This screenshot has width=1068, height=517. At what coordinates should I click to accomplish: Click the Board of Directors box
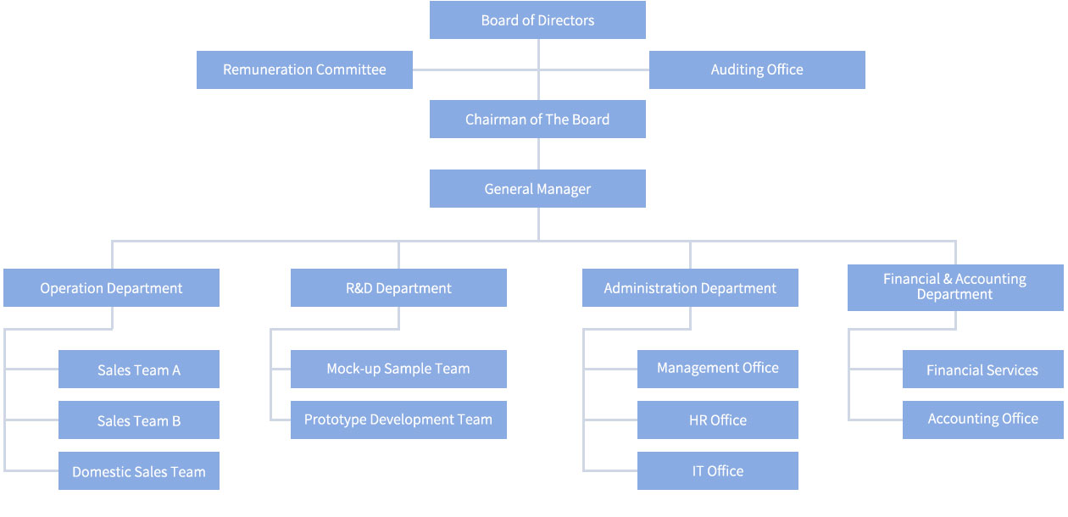[537, 20]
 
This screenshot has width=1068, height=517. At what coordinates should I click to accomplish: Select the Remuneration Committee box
[304, 69]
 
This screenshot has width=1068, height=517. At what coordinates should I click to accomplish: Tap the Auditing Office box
[757, 69]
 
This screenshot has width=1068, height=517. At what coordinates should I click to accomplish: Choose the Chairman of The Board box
[537, 120]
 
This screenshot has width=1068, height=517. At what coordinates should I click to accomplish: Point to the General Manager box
[537, 189]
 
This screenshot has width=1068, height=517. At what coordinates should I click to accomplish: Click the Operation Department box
[111, 288]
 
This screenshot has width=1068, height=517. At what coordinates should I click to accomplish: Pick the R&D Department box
[398, 288]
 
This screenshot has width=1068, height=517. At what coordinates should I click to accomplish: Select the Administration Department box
[690, 288]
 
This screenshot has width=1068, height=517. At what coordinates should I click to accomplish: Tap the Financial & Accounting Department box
[954, 286]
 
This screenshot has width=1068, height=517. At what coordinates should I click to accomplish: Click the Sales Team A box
[139, 370]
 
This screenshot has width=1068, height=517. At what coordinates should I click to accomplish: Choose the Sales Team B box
[139, 420]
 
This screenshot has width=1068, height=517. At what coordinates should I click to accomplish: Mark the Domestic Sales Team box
[139, 471]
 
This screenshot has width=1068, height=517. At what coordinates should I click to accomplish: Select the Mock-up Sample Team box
[398, 369]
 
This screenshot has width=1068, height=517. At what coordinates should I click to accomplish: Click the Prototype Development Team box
[398, 420]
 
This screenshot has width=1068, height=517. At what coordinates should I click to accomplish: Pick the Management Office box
[718, 369]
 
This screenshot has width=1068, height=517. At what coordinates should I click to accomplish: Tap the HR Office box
[718, 420]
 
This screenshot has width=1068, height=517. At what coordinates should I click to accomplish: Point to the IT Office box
[718, 471]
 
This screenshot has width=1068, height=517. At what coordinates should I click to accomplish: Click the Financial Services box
[982, 370]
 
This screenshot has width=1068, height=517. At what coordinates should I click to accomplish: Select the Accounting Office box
[982, 420]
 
